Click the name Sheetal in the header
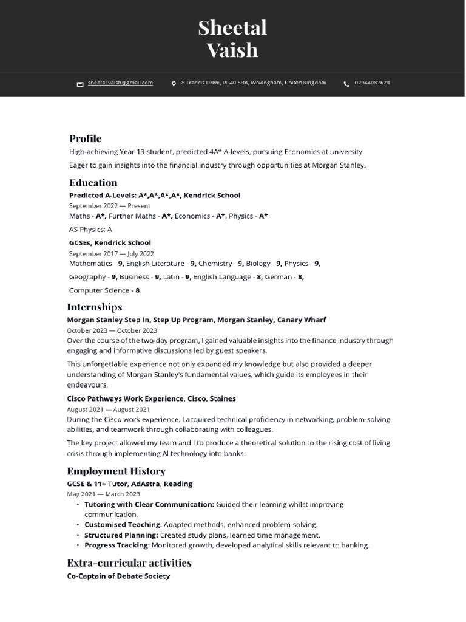click(x=232, y=28)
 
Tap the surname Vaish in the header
click(x=232, y=50)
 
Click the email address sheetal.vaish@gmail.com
click(x=120, y=83)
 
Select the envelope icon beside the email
click(x=79, y=84)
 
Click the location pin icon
click(x=174, y=84)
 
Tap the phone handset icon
click(x=346, y=84)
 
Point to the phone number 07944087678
click(x=372, y=83)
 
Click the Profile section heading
click(x=85, y=138)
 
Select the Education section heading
click(x=93, y=182)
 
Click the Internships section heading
click(x=95, y=307)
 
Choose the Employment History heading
click(x=116, y=471)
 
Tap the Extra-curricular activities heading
click(x=129, y=562)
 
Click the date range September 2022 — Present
click(x=109, y=206)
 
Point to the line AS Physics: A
click(x=90, y=230)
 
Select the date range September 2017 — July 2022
click(x=111, y=253)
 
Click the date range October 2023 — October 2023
click(x=112, y=330)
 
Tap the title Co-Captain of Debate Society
click(x=118, y=576)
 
